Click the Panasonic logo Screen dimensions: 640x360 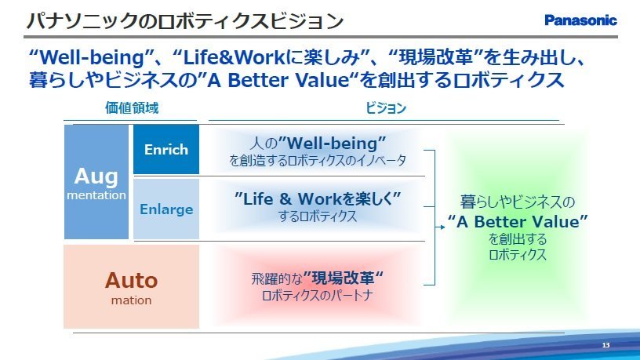580,20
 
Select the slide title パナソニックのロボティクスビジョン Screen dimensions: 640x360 185,21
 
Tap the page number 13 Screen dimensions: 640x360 605,345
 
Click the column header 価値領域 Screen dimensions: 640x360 132,107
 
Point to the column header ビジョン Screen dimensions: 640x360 386,107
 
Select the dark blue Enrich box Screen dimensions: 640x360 166,149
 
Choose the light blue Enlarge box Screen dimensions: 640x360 166,209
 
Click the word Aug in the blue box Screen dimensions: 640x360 96,177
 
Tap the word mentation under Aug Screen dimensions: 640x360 96,195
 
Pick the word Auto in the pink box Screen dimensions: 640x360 132,281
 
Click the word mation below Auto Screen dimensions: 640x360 132,300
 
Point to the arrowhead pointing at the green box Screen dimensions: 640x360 442,227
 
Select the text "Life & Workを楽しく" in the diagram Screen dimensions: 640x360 318,198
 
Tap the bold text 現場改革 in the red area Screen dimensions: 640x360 343,278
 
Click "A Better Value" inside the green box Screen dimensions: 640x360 518,222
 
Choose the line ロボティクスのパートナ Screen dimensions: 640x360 318,295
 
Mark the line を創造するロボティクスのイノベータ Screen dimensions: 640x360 318,160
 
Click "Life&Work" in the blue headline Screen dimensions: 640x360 234,57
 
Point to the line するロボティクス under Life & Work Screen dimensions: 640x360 318,216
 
